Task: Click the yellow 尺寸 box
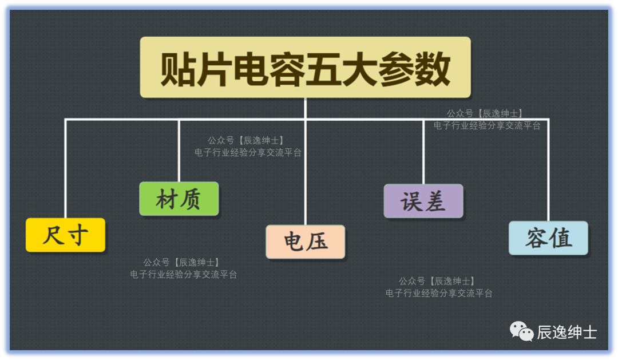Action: [x=65, y=235]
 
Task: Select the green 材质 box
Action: [x=179, y=199]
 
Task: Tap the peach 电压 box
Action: [x=306, y=242]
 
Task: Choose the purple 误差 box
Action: [x=423, y=201]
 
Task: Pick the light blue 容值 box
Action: [x=548, y=238]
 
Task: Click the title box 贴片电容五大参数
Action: [x=305, y=68]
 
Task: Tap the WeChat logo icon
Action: [x=522, y=331]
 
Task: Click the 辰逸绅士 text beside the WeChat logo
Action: [x=566, y=332]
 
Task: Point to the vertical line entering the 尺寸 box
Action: [x=66, y=169]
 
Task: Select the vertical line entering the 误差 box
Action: [x=423, y=152]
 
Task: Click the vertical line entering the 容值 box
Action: [x=548, y=172]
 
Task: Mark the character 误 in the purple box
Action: [x=410, y=201]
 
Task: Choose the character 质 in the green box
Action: [x=191, y=199]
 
